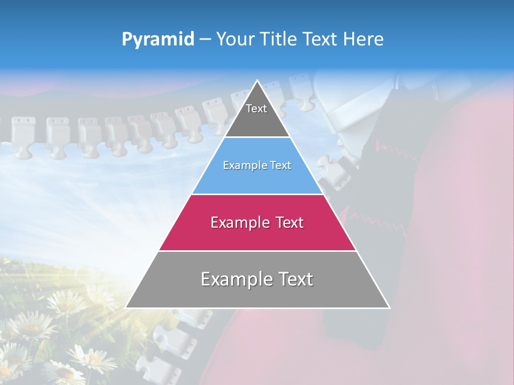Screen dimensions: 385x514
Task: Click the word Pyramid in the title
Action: tap(157, 40)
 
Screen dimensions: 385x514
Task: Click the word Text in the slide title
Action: tap(320, 39)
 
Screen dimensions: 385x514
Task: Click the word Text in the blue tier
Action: tap(281, 165)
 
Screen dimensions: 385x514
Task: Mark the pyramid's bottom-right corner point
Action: tap(389, 307)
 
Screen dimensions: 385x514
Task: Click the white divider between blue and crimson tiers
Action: tap(257, 194)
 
